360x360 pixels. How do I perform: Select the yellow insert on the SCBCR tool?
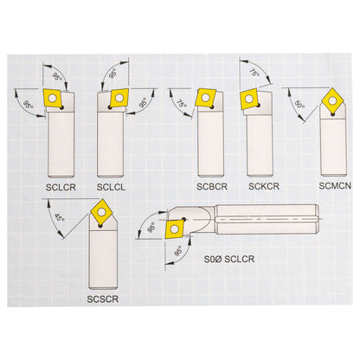click(204, 97)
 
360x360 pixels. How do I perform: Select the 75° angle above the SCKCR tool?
click(254, 74)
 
